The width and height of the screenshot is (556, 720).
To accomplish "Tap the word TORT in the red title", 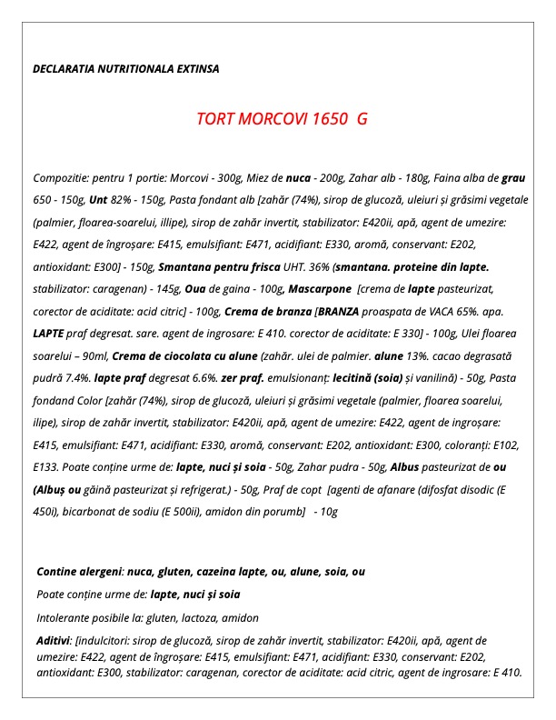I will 216,119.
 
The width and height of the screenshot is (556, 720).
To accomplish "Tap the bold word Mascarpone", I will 320,288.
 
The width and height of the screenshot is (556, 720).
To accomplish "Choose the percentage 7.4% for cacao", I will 77,377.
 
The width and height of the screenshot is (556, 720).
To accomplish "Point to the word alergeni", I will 99,572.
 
